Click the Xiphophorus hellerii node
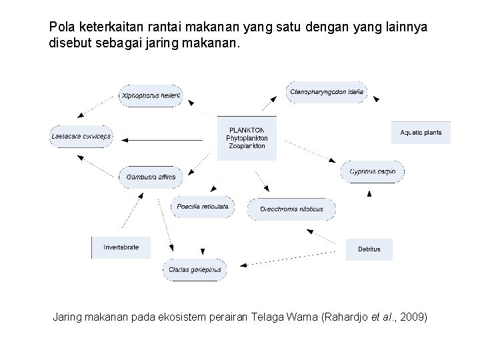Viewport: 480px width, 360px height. tap(151, 95)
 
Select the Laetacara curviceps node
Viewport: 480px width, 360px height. tap(81, 137)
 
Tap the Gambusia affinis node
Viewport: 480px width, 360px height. tap(151, 177)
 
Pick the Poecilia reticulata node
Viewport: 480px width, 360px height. tap(203, 207)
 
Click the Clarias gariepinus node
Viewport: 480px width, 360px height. tap(195, 270)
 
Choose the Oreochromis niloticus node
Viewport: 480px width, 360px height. tap(291, 209)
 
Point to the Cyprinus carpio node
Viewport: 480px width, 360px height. tap(373, 171)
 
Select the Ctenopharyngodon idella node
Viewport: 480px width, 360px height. tap(327, 91)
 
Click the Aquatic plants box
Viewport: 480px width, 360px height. tap(421, 133)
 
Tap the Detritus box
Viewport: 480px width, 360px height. tap(369, 249)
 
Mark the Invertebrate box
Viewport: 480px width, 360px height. tap(121, 247)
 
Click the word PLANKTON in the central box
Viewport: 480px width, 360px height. tap(247, 130)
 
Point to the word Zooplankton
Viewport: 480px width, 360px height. tap(247, 146)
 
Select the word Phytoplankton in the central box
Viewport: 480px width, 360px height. tap(247, 138)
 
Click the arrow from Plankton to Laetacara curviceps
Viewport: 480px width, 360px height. tap(163, 140)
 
